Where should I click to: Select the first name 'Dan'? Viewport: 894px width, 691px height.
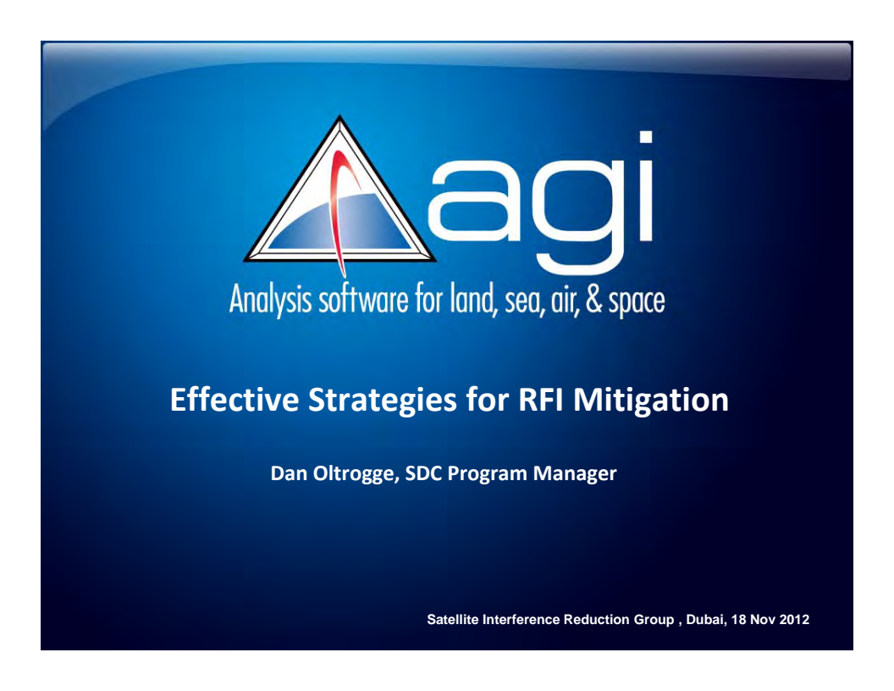pos(284,474)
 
